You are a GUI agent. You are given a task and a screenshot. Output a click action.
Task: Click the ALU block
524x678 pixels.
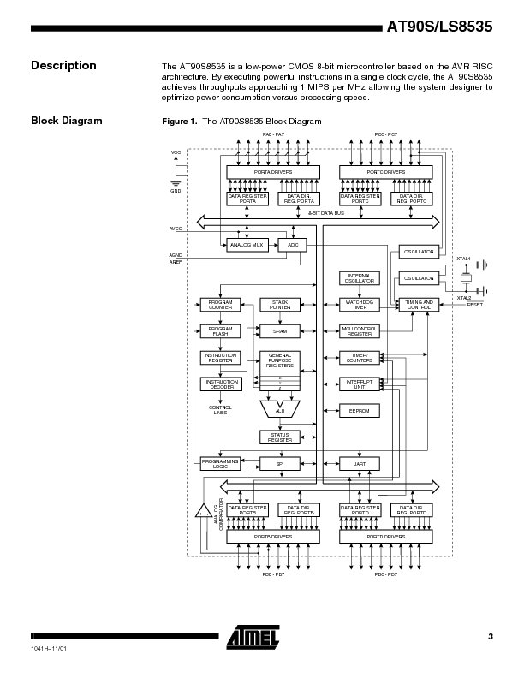click(x=279, y=411)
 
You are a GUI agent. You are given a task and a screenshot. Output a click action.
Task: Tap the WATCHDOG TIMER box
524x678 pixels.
click(x=360, y=304)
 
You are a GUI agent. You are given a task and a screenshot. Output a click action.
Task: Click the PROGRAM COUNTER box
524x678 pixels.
click(x=220, y=304)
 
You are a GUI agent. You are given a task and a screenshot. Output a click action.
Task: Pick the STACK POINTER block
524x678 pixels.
click(x=279, y=304)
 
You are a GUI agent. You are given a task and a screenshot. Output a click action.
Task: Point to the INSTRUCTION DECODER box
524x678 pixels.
click(x=220, y=384)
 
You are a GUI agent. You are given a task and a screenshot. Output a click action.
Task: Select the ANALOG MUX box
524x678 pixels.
click(x=247, y=245)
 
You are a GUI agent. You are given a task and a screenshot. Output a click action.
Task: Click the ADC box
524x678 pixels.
click(x=292, y=245)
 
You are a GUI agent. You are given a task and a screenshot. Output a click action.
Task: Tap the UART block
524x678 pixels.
click(x=360, y=463)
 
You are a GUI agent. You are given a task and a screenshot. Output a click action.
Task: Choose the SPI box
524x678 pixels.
click(x=279, y=463)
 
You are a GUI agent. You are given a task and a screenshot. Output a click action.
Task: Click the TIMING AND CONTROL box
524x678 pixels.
click(x=419, y=304)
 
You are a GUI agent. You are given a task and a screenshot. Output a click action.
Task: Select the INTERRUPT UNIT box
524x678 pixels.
click(x=360, y=384)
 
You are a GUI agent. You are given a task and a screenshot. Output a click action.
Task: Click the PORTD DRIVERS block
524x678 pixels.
click(x=385, y=537)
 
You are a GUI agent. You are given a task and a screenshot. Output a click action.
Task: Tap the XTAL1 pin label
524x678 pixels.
click(x=463, y=258)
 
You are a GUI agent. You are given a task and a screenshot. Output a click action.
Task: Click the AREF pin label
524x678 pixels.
click(x=176, y=262)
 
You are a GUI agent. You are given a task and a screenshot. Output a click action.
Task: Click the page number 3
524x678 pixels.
click(x=490, y=636)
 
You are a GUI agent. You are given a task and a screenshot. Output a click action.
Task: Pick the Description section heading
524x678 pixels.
click(x=63, y=66)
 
